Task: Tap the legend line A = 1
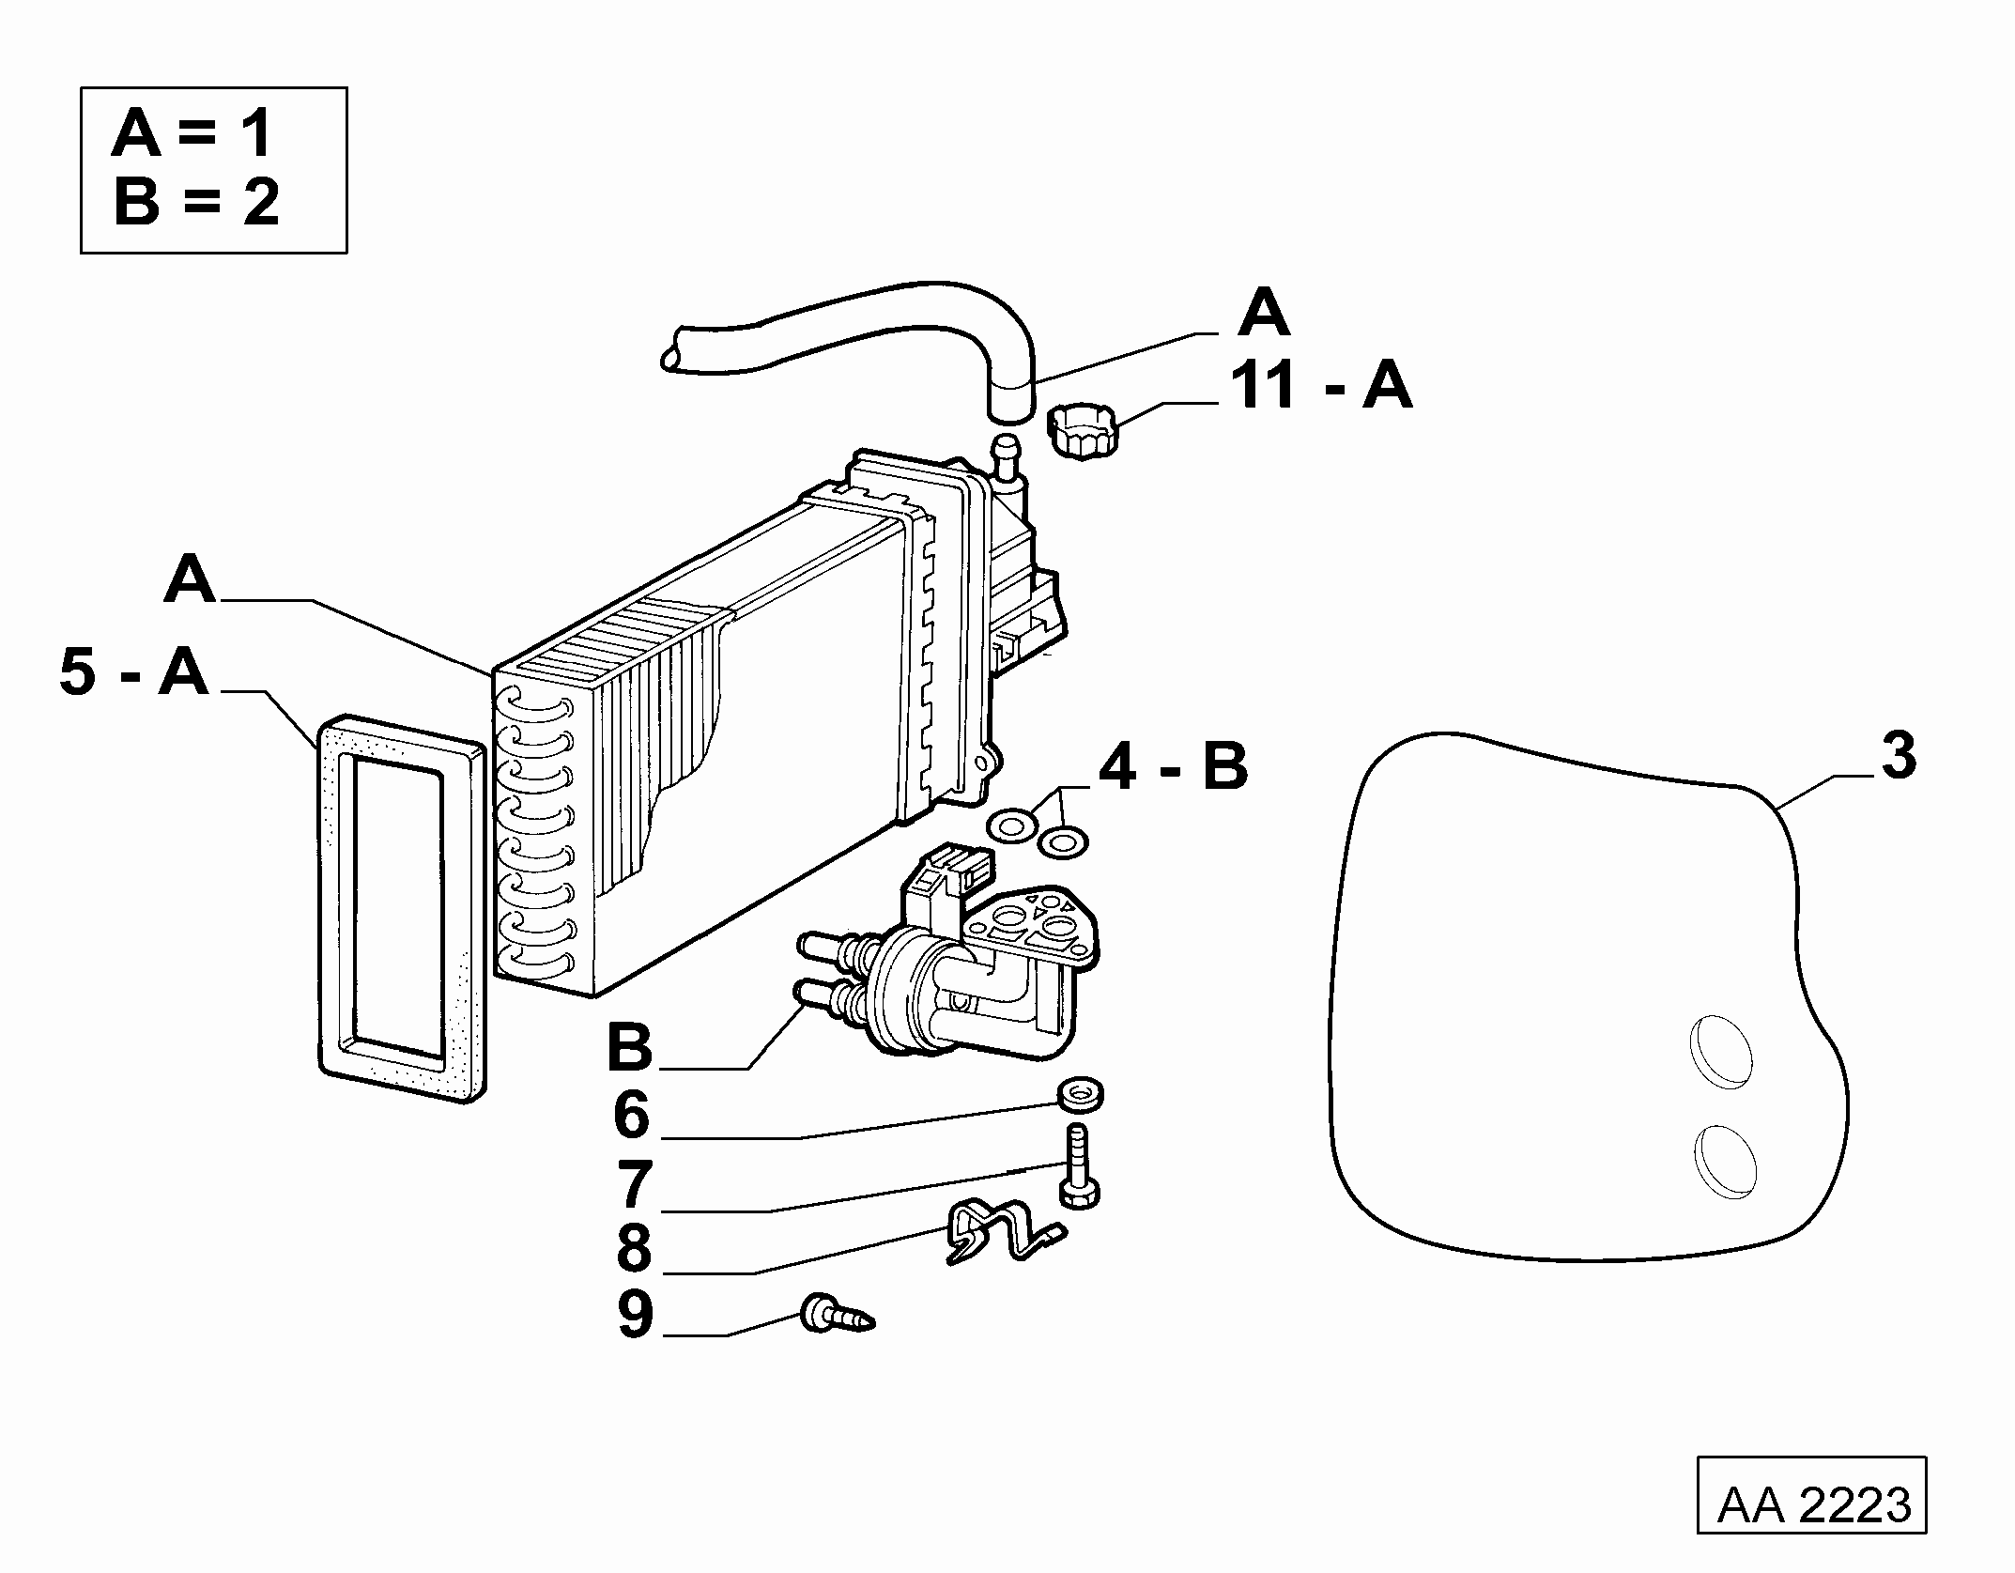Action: pyautogui.click(x=192, y=133)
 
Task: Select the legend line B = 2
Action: pyautogui.click(x=196, y=202)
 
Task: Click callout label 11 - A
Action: pyautogui.click(x=1322, y=386)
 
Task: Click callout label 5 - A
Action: pyautogui.click(x=133, y=672)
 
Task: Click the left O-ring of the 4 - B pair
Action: pyautogui.click(x=1012, y=825)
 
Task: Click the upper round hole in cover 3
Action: pyautogui.click(x=1721, y=1053)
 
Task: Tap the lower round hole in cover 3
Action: pyautogui.click(x=1727, y=1163)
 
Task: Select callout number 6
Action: pyautogui.click(x=631, y=1114)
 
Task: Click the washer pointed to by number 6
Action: pyautogui.click(x=1080, y=1094)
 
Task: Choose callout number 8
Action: pyautogui.click(x=634, y=1248)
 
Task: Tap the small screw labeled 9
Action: pyautogui.click(x=837, y=1313)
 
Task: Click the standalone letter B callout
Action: pyautogui.click(x=630, y=1046)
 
